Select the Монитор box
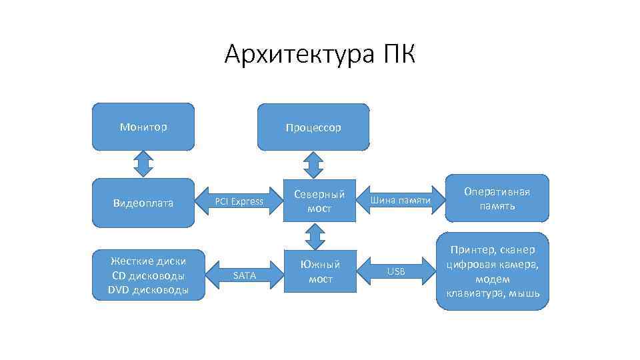coord(143,126)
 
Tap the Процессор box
coord(313,127)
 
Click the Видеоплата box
coord(143,203)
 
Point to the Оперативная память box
coord(497,199)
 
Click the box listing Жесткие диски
coord(148,275)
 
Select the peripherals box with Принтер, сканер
coord(493,271)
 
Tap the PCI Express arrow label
coord(239,201)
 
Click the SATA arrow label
coord(244,275)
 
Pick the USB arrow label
coord(396,271)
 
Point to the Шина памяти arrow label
coord(400,200)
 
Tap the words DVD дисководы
coord(148,289)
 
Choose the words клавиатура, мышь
coord(493,293)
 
